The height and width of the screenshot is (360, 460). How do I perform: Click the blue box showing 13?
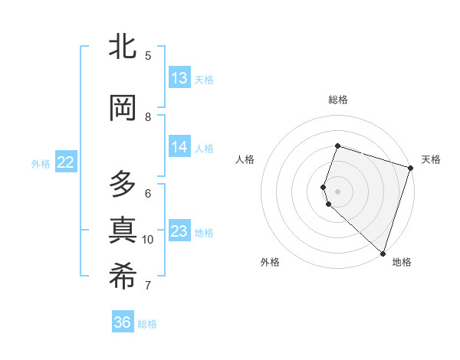[x=179, y=78]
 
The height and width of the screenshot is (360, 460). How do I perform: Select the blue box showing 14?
[x=179, y=148]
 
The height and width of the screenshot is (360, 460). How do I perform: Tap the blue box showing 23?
[x=179, y=231]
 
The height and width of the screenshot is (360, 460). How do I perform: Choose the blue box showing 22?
[x=66, y=162]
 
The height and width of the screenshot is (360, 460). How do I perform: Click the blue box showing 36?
[x=123, y=322]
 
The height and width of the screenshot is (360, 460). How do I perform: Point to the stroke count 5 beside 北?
[x=148, y=55]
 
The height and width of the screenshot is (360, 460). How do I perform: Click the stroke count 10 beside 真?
[x=148, y=239]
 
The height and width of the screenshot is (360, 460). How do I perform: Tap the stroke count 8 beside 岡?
[x=148, y=116]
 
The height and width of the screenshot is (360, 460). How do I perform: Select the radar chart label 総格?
[x=338, y=100]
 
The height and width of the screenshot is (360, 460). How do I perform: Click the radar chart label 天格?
[x=431, y=159]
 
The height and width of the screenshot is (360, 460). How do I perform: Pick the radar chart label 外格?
[x=270, y=262]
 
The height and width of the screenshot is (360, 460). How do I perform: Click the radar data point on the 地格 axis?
[x=383, y=253]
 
